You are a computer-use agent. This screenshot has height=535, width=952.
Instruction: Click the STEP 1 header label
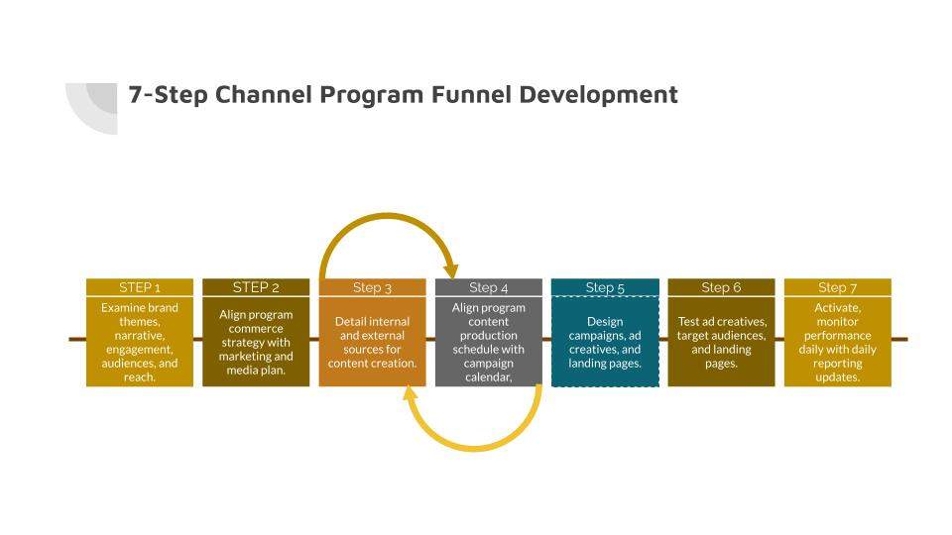pos(140,287)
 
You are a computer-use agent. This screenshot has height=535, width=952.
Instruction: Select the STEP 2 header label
pos(256,287)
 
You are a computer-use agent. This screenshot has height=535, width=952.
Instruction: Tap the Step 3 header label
pos(372,287)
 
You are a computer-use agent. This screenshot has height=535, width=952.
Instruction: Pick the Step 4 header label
pos(488,287)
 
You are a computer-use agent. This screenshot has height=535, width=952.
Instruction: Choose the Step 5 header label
pos(605,287)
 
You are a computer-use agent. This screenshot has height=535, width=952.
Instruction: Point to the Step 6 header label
pos(721,287)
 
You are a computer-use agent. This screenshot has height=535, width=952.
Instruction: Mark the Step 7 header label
pos(837,287)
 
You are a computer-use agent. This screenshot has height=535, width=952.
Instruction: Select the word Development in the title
pos(598,96)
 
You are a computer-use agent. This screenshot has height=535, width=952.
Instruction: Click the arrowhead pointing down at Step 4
pos(450,270)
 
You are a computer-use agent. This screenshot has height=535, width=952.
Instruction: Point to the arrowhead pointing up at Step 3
pos(411,392)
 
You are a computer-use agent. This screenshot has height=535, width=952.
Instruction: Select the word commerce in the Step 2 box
pos(256,329)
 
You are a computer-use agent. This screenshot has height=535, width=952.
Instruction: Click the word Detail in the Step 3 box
pos(349,321)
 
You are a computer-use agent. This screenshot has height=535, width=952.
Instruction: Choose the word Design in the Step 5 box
pos(605,321)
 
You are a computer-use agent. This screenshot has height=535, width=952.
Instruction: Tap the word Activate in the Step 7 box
pos(838,308)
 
